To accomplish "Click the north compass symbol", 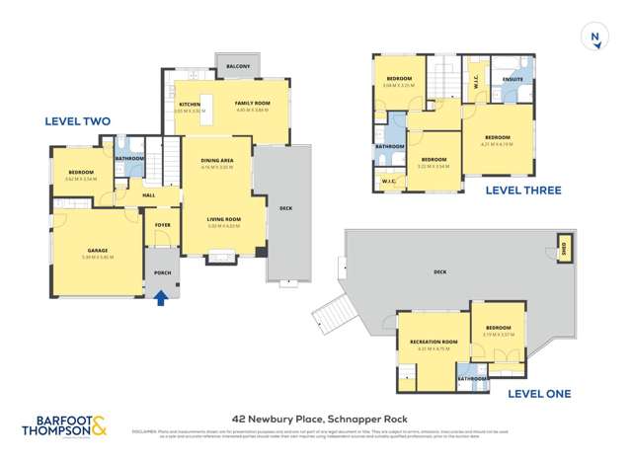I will (x=594, y=38).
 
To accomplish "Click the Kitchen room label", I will (x=190, y=103).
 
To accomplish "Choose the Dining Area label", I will (x=217, y=160).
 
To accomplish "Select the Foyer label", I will (x=162, y=225).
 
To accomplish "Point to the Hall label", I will (x=148, y=195).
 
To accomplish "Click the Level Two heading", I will (x=78, y=121).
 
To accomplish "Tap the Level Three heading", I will (x=496, y=191).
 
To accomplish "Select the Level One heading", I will (x=538, y=394).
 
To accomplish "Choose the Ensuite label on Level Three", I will (x=513, y=78).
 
